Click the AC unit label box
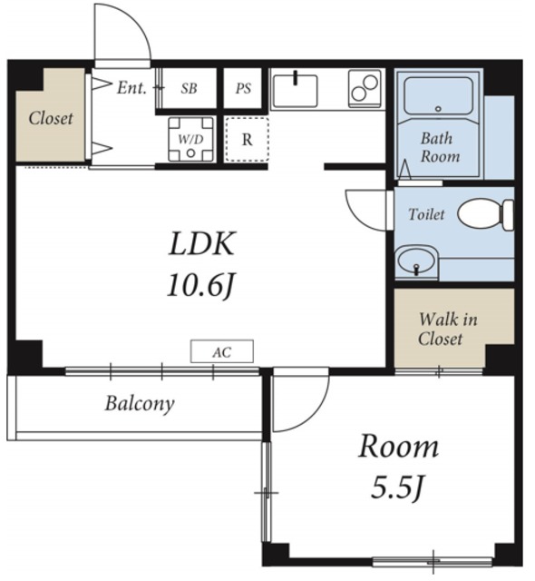[222, 351]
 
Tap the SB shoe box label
[189, 89]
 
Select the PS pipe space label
[243, 89]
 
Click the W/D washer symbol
[191, 139]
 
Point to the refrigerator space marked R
[248, 139]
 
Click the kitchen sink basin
[295, 91]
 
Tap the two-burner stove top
[365, 88]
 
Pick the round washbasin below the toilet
[416, 261]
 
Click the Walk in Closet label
[448, 329]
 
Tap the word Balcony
[140, 404]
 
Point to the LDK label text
[202, 243]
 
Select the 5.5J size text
[398, 488]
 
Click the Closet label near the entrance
[51, 119]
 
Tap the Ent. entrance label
[131, 88]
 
